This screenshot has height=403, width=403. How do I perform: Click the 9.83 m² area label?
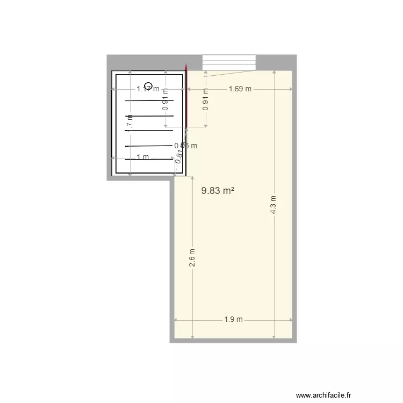tap(217, 191)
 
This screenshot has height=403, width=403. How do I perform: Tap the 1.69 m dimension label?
tap(240, 89)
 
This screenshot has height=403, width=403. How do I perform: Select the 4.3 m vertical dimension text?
tap(274, 205)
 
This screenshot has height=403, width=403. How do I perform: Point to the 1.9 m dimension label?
tap(233, 320)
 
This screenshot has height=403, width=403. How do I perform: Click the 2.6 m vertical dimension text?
tap(192, 258)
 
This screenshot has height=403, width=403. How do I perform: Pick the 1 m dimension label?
tap(142, 157)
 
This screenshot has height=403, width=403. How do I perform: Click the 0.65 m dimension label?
tap(185, 145)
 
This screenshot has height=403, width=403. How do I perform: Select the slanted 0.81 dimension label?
tap(179, 155)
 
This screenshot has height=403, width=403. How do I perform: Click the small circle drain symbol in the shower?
tap(149, 85)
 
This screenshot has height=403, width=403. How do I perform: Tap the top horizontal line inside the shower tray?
tap(149, 100)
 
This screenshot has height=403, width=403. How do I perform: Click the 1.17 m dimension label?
tap(147, 89)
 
